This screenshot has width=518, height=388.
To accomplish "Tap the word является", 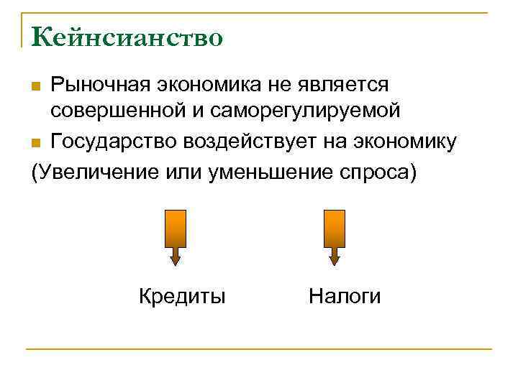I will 345,84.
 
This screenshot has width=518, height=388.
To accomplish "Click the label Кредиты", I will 182,296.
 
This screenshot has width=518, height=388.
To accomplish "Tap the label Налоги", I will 345,296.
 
